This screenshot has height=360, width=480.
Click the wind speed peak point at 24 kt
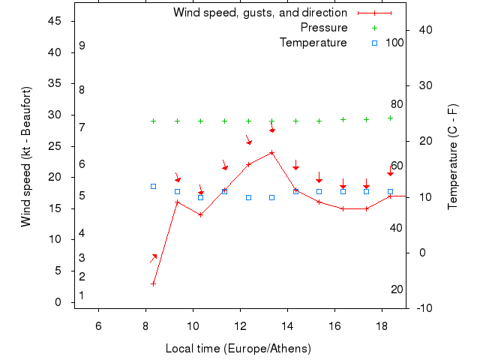[271, 152]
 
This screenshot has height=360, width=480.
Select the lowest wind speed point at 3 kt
[153, 283]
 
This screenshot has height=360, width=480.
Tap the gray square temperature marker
[153, 186]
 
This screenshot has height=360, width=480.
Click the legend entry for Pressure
[323, 28]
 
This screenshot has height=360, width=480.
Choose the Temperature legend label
[313, 43]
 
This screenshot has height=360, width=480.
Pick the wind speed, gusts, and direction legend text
[259, 13]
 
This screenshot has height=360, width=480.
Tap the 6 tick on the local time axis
[98, 325]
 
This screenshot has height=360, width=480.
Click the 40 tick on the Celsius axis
[425, 30]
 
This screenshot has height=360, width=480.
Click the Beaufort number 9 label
[82, 46]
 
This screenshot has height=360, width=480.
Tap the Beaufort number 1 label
[81, 295]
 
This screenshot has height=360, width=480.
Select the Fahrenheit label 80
[397, 105]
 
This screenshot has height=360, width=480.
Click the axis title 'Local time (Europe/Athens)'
[238, 349]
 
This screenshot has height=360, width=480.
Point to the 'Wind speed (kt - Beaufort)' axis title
[25, 157]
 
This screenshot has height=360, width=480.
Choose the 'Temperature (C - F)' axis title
[452, 157]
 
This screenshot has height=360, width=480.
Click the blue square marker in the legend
[374, 43]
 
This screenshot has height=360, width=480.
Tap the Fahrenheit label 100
[394, 43]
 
